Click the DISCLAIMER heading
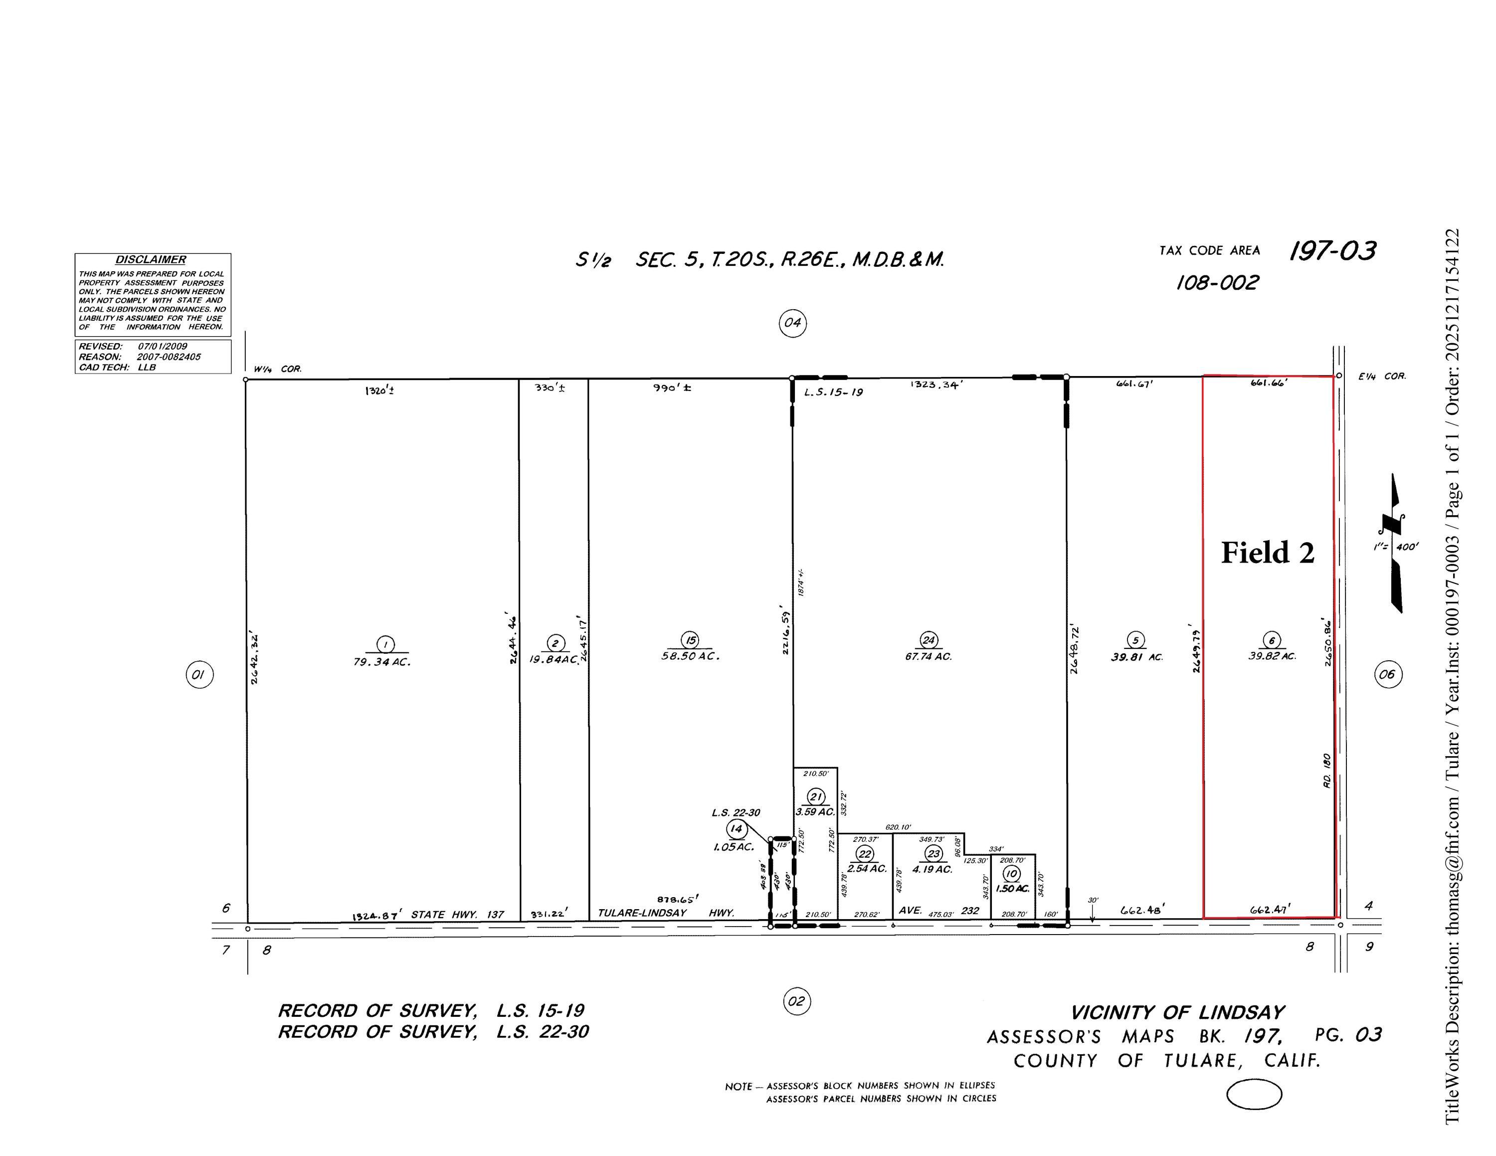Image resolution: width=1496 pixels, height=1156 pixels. [x=150, y=259]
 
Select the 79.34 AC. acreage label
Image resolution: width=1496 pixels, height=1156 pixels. [x=382, y=662]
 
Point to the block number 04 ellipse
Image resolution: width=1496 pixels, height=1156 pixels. [x=792, y=323]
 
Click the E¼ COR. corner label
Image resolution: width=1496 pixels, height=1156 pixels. [x=1382, y=376]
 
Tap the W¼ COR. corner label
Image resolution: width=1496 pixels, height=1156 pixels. [x=277, y=369]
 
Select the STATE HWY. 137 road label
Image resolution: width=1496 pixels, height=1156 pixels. [x=457, y=914]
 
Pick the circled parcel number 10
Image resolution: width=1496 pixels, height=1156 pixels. [x=1011, y=873]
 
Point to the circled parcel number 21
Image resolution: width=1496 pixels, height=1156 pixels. [x=816, y=796]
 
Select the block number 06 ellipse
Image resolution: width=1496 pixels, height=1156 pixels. [x=1387, y=675]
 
